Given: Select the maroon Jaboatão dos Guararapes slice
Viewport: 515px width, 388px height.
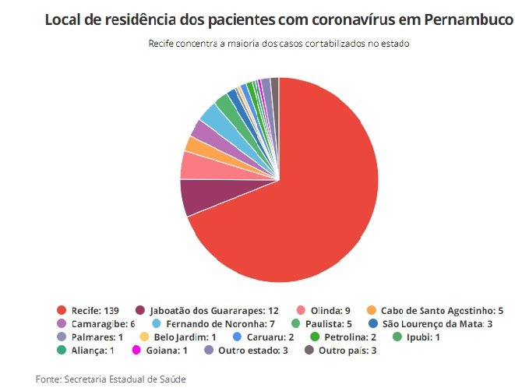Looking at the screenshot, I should (x=195, y=196).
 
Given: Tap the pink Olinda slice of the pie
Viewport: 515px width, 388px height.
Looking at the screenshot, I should (x=193, y=165).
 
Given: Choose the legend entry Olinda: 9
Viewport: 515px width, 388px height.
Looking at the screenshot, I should (x=320, y=310).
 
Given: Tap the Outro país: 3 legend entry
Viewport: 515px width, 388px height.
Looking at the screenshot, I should (x=346, y=350).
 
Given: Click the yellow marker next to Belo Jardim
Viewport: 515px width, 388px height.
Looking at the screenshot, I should (x=144, y=337).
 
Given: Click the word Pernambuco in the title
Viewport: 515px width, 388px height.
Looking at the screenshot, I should (x=468, y=19).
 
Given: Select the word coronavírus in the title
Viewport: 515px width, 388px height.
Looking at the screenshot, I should (x=336, y=19).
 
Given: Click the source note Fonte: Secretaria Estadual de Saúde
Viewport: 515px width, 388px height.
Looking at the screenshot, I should (x=111, y=378).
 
